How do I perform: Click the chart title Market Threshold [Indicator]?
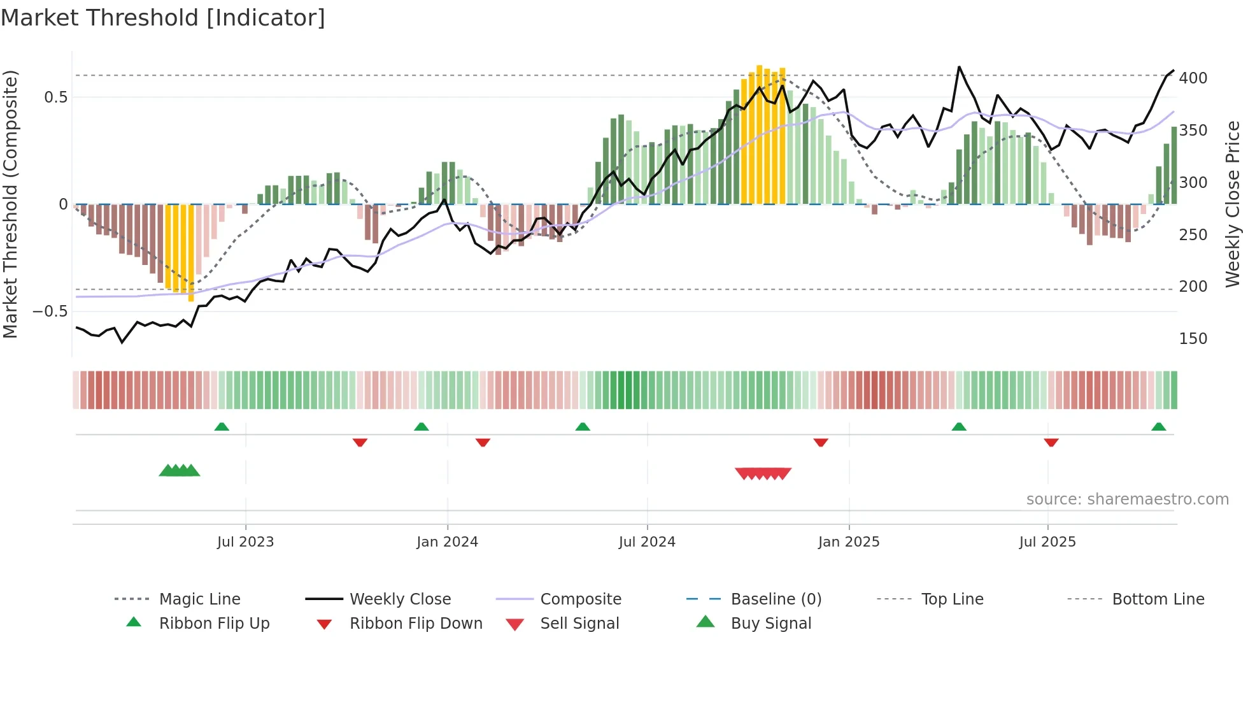click(x=163, y=18)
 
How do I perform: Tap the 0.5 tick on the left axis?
click(x=55, y=97)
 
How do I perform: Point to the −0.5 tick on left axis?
click(x=50, y=312)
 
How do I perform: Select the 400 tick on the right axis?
click(x=1193, y=78)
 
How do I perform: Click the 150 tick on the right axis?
click(x=1193, y=339)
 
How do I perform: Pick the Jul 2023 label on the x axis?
click(x=245, y=542)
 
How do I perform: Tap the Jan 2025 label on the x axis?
click(x=848, y=542)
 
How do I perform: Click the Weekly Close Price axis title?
click(x=1233, y=204)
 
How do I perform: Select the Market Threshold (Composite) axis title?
click(x=10, y=204)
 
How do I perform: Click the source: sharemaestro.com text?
click(x=1127, y=499)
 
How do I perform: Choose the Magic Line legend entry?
click(x=199, y=599)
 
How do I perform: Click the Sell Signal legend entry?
click(x=579, y=624)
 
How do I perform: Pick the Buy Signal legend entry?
click(x=770, y=624)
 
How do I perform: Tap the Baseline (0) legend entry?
click(x=776, y=599)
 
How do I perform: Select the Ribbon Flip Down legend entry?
click(x=415, y=624)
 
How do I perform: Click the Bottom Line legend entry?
click(x=1158, y=599)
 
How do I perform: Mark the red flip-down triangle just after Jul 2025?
click(x=1051, y=442)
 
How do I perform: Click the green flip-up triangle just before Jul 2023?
click(x=222, y=427)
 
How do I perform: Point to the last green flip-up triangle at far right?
click(x=1158, y=427)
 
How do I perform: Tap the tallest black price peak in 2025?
click(x=959, y=67)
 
